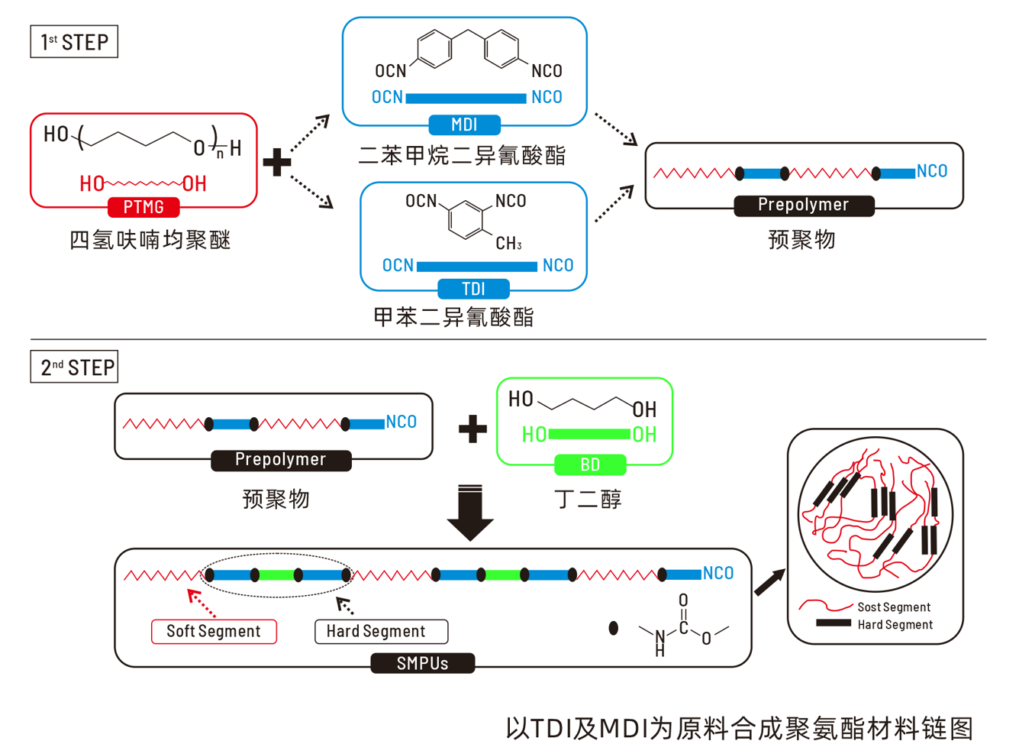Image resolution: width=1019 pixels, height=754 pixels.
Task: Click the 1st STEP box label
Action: coord(74,42)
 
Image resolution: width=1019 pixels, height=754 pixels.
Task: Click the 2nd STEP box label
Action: coord(74,367)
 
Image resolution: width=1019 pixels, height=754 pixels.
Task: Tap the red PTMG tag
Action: coord(143,207)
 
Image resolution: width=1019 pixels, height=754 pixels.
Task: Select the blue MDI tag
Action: coord(464,125)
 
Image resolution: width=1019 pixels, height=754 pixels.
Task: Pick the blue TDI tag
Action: coord(473,289)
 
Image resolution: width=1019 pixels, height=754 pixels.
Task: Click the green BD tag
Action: coord(590,464)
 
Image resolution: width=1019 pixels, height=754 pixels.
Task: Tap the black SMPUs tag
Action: coord(422,663)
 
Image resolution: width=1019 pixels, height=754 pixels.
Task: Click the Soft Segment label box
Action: coord(214,631)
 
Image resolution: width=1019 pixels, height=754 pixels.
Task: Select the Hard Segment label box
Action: coord(381,631)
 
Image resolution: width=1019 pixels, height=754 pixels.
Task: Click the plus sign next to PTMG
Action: coord(277,162)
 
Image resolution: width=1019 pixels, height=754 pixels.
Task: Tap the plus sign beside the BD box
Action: coord(472,429)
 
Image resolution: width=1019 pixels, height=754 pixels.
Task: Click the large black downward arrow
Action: coord(469,513)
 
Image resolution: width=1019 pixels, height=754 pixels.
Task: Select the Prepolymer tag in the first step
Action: coord(804,205)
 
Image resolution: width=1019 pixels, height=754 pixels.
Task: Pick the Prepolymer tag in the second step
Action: coord(281,460)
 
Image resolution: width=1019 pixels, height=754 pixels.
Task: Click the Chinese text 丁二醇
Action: coord(588,500)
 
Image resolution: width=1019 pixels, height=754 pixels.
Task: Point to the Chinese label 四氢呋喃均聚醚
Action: coord(150,240)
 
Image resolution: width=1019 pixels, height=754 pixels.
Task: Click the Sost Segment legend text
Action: coord(894,607)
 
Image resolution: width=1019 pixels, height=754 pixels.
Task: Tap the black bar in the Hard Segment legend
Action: coord(833,623)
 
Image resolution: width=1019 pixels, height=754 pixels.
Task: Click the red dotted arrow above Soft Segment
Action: coord(202,604)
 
